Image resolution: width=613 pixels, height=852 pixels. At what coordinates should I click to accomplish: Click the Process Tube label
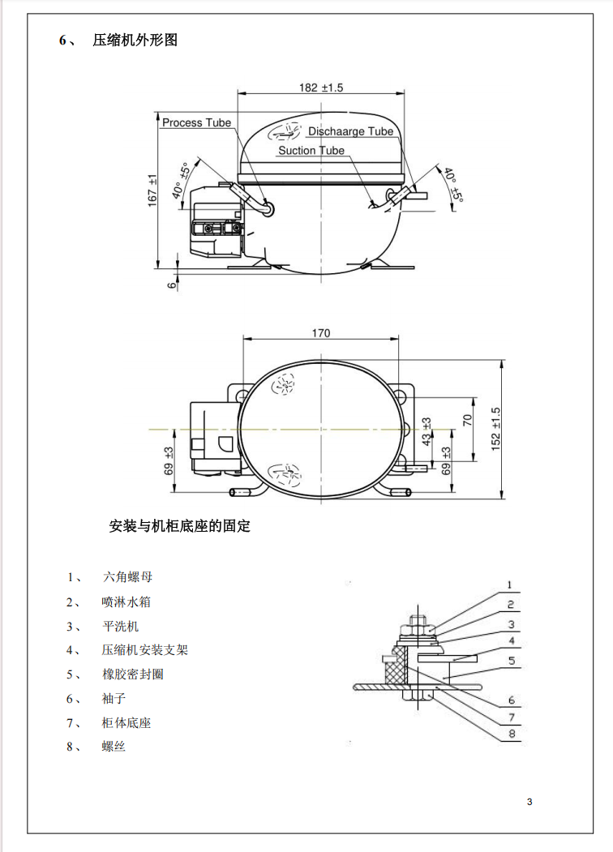(196, 123)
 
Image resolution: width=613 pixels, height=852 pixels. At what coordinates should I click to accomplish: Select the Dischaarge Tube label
(350, 131)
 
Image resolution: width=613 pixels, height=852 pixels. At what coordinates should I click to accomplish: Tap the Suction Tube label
(311, 151)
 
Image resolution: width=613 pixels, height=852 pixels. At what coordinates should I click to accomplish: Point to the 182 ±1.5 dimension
(320, 88)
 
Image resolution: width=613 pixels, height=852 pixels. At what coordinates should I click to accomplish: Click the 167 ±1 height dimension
(152, 191)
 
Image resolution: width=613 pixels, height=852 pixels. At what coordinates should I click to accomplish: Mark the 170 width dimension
(320, 333)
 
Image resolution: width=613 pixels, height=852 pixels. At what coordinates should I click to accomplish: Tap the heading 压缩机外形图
(135, 40)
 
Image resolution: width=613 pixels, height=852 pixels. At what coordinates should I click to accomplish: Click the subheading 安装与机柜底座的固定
(179, 526)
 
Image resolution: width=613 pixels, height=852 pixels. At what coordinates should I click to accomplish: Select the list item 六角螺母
(127, 577)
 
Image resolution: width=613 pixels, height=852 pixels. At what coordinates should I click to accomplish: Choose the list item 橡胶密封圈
(133, 674)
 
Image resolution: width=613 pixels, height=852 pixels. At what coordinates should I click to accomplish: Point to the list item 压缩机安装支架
(145, 649)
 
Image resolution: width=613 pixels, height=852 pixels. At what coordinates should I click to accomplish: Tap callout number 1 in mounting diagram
(510, 584)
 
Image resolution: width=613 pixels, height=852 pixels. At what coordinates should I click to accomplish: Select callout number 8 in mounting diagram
(511, 734)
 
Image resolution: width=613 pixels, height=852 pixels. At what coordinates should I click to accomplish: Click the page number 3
(529, 803)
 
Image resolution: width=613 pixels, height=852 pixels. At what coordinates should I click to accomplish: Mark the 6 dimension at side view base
(171, 284)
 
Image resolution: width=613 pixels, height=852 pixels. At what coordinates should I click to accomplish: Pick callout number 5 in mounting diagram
(511, 661)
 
